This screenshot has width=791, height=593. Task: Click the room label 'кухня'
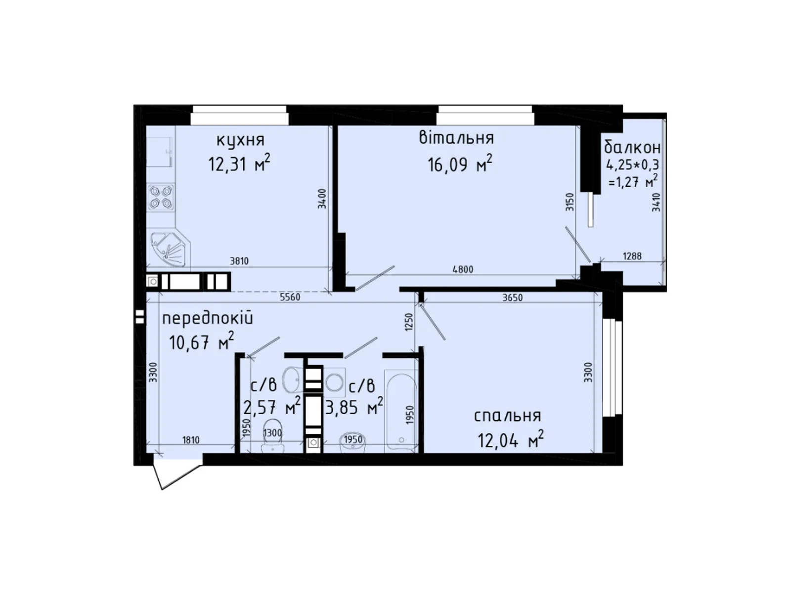240,140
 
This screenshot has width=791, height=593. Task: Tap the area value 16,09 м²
460,164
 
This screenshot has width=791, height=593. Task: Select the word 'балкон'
632,147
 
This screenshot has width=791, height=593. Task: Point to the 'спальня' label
507,416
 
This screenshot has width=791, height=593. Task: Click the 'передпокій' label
207,318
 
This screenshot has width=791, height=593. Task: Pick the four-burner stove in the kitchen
161,197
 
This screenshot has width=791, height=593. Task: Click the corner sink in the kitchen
168,251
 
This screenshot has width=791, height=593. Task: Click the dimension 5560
290,297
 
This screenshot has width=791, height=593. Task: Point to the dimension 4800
463,269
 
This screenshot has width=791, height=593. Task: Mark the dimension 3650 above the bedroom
512,297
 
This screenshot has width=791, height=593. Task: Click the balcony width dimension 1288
632,256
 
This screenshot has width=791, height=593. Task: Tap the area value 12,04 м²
511,440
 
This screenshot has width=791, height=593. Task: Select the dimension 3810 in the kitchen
239,261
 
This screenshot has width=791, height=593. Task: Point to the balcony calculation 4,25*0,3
632,165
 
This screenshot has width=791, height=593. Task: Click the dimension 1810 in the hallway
190,439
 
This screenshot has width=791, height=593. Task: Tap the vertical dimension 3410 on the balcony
656,202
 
